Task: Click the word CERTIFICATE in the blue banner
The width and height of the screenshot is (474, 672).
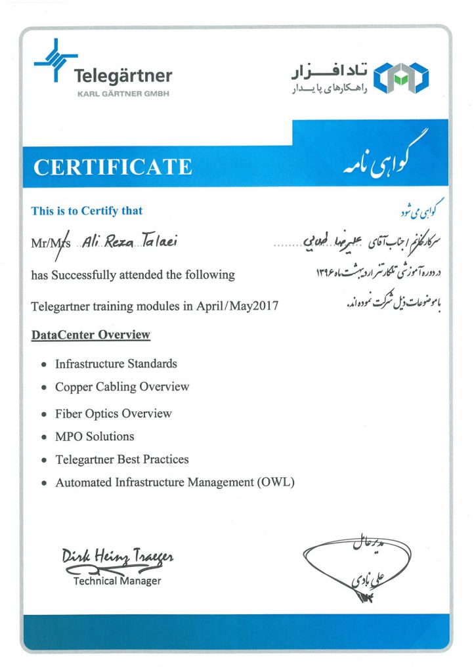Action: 113,167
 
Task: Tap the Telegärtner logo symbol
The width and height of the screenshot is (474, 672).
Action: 55,60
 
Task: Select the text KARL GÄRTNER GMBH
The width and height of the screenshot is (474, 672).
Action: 123,94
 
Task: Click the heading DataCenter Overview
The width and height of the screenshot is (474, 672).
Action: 91,335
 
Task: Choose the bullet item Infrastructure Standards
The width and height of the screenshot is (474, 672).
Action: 116,364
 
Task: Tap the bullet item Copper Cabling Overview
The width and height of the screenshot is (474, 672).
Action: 122,387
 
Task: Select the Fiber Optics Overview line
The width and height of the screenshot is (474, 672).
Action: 114,413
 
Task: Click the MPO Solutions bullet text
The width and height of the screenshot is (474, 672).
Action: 95,436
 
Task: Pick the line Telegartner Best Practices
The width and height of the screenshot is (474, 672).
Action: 122,459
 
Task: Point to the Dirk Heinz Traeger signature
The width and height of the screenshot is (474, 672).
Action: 118,557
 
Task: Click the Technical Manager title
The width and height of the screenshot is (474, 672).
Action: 117,581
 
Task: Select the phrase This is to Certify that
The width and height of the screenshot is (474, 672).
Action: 87,211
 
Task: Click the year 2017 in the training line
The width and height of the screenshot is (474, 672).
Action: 265,306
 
